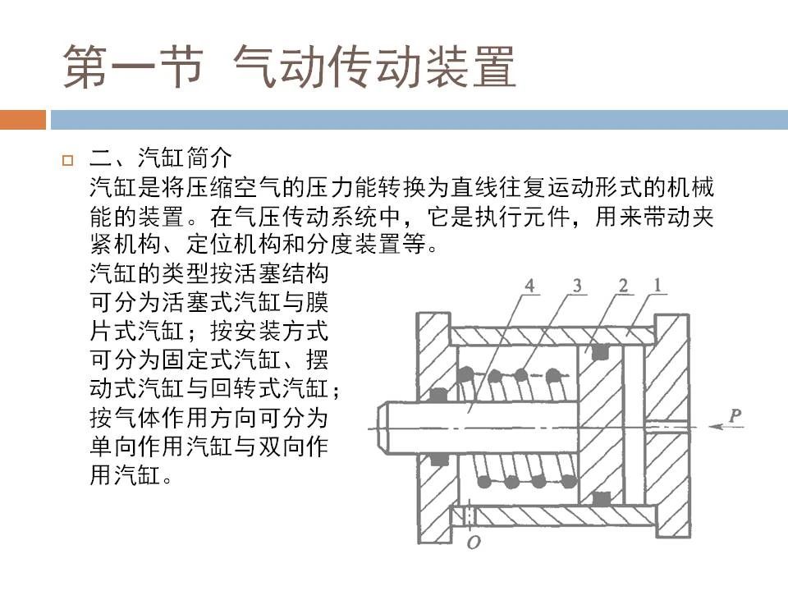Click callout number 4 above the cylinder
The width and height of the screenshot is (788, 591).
[529, 286]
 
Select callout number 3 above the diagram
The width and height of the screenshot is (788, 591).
[577, 286]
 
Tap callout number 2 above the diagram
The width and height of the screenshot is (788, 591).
[623, 286]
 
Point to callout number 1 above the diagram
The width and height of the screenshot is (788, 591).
[657, 286]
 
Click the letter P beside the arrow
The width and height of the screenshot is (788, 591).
[734, 415]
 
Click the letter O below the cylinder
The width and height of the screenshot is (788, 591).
[474, 543]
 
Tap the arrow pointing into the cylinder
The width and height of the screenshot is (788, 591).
[726, 427]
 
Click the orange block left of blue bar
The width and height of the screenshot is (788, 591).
[23, 120]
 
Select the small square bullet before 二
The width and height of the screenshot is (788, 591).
[67, 161]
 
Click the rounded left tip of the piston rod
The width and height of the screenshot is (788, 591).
[381, 428]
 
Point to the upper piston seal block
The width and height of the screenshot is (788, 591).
[601, 352]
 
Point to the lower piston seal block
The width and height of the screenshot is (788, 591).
[601, 498]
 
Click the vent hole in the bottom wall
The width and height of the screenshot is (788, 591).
[470, 516]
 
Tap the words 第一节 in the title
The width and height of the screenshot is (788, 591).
[133, 66]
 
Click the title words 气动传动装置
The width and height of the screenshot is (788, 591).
[374, 66]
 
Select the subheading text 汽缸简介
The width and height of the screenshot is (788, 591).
[185, 158]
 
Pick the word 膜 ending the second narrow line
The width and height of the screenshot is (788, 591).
[317, 303]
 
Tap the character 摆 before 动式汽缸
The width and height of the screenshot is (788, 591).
[317, 360]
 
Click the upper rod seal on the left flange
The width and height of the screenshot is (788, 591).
[438, 395]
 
